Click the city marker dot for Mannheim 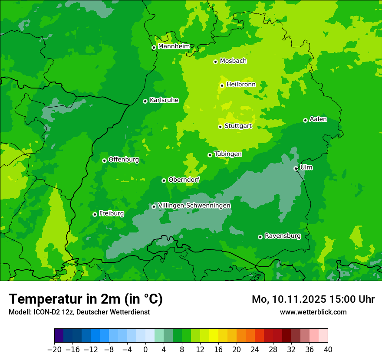(x=154, y=48)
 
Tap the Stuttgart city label (x=238, y=126)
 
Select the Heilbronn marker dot (x=222, y=85)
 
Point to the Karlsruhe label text (x=164, y=100)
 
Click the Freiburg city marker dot (x=95, y=214)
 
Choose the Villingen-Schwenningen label (x=194, y=206)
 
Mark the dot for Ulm (x=296, y=168)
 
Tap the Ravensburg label (x=282, y=236)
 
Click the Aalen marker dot (x=305, y=120)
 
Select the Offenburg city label (x=123, y=160)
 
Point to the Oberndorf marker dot (x=164, y=180)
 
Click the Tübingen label (x=228, y=154)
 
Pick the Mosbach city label (x=233, y=61)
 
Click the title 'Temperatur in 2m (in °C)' (x=86, y=299)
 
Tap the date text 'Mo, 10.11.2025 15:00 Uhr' (x=313, y=299)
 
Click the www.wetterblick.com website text (x=313, y=312)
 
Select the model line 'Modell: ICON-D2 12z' (x=79, y=312)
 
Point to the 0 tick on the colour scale (x=145, y=349)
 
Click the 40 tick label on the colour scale (x=328, y=349)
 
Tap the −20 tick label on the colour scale (x=54, y=349)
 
